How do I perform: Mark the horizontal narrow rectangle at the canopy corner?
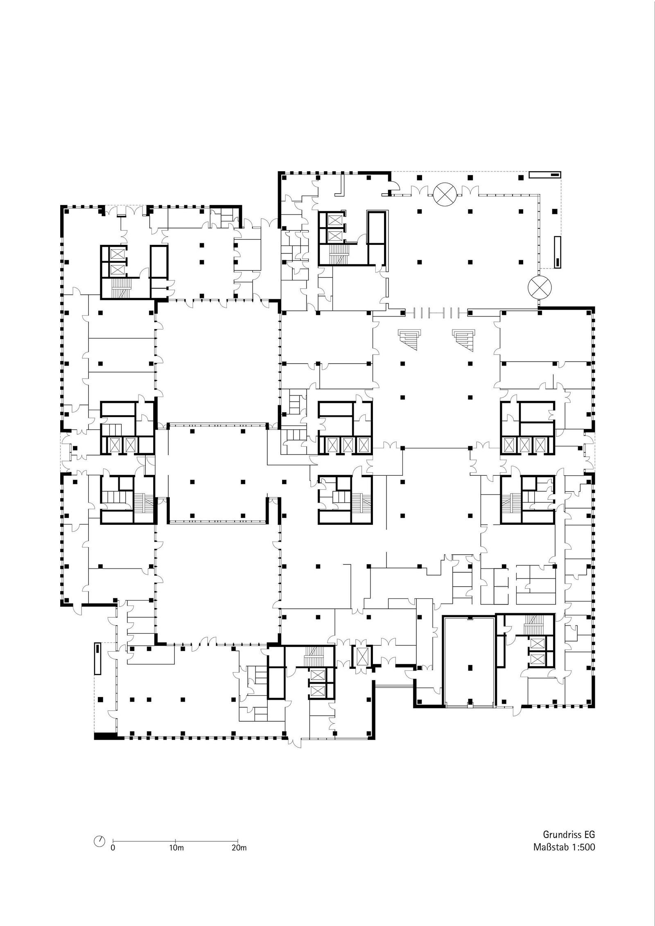[544, 174]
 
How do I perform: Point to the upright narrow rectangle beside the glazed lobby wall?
[558, 252]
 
